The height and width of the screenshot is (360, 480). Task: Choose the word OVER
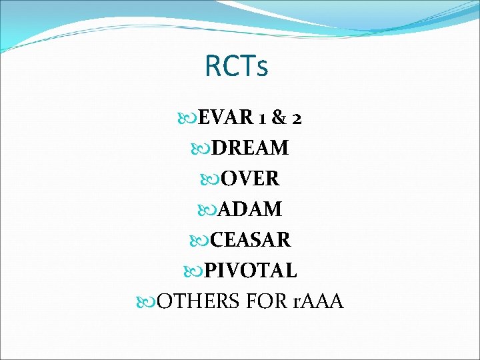[x=250, y=179]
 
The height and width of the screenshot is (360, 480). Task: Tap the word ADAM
[x=250, y=209]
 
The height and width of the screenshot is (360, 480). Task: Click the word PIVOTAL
[x=250, y=271]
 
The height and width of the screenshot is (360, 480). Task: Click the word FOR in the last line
[x=265, y=301]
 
